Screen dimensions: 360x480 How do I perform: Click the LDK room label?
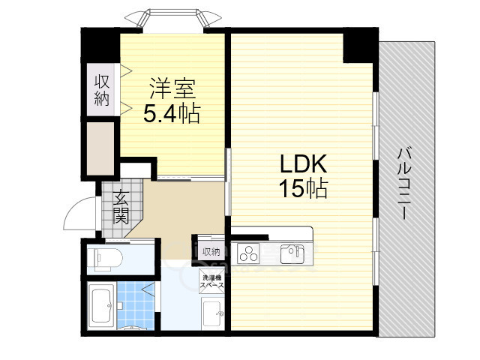304,164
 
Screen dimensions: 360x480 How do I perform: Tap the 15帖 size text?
304,190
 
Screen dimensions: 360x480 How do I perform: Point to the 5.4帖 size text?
172,114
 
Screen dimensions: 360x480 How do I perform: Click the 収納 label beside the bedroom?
101,89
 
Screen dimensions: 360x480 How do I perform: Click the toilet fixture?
100,259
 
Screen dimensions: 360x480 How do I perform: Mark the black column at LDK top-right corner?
358,46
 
